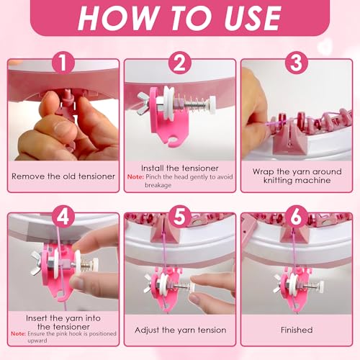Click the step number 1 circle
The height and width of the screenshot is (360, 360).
click(63, 63)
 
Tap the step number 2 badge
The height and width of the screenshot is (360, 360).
click(180, 63)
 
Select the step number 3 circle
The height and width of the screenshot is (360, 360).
click(297, 63)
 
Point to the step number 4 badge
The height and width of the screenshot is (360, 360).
click(63, 217)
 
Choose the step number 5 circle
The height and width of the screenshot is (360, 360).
click(180, 217)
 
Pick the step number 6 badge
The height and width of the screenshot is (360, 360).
click(297, 217)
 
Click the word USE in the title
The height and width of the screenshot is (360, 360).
click(253, 18)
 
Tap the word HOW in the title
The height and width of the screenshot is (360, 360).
click(117, 18)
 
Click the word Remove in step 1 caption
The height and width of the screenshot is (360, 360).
click(28, 176)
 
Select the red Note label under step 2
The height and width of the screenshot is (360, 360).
click(135, 177)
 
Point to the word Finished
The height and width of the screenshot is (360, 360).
click(297, 330)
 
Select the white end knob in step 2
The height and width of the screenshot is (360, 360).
click(212, 104)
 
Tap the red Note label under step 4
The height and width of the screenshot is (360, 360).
click(19, 334)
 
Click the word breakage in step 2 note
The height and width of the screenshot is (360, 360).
click(158, 185)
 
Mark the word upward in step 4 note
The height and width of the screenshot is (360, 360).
click(37, 341)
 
